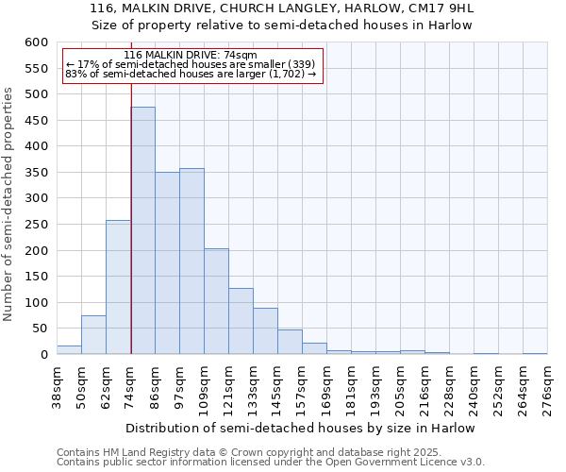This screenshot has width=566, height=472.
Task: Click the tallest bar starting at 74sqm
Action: click(x=142, y=230)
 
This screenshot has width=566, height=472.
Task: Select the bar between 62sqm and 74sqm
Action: click(x=118, y=287)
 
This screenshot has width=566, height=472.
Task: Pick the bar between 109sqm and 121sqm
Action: click(x=216, y=301)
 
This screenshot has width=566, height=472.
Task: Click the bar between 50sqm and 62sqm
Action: click(x=93, y=335)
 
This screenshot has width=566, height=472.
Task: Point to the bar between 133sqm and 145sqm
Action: click(x=265, y=331)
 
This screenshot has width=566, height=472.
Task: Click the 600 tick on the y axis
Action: click(x=35, y=42)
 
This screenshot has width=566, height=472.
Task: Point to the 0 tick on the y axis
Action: click(x=43, y=355)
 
